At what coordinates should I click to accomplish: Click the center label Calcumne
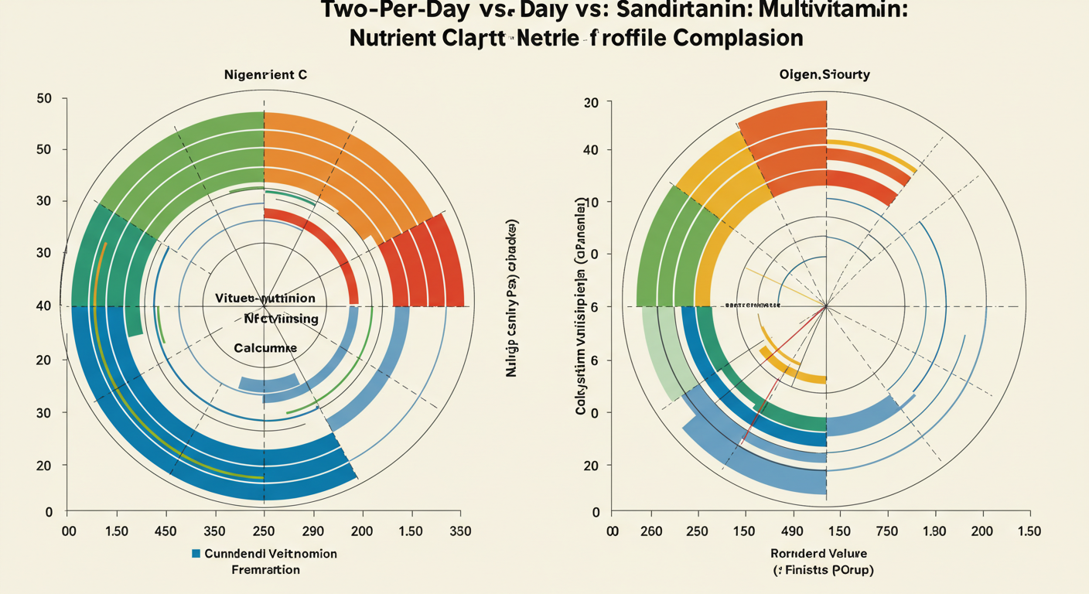pyautogui.click(x=265, y=348)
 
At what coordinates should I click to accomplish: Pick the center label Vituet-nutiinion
pyautogui.click(x=264, y=298)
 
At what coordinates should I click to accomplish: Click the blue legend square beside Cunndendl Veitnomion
pyautogui.click(x=196, y=554)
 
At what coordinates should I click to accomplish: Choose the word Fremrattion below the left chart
pyautogui.click(x=265, y=570)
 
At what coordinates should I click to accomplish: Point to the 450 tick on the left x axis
pyautogui.click(x=166, y=531)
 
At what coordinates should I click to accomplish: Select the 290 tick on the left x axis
pyautogui.click(x=312, y=531)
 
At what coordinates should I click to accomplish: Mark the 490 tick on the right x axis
pyautogui.click(x=793, y=531)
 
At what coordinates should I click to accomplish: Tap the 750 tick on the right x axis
pyautogui.click(x=886, y=531)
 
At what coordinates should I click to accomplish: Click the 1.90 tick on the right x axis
pyautogui.click(x=934, y=531)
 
